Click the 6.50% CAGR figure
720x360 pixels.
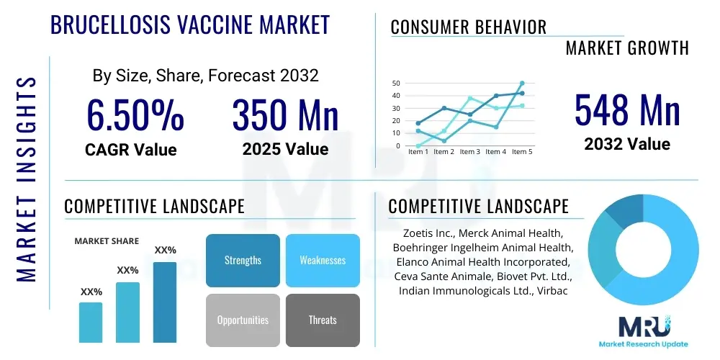(135, 115)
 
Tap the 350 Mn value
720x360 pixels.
(285, 115)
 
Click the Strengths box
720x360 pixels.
(243, 260)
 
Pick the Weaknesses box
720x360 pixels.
(322, 260)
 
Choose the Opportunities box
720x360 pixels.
(243, 320)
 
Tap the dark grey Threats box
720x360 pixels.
(322, 320)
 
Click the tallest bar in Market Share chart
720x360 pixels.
(165, 302)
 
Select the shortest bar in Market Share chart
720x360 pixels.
(91, 322)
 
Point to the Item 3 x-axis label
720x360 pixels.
(469, 152)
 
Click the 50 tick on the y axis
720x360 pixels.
(396, 84)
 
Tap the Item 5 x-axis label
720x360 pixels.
(521, 152)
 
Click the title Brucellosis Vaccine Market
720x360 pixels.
(190, 24)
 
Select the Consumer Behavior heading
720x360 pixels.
(468, 27)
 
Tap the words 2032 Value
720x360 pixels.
(626, 144)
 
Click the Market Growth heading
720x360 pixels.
(626, 48)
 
